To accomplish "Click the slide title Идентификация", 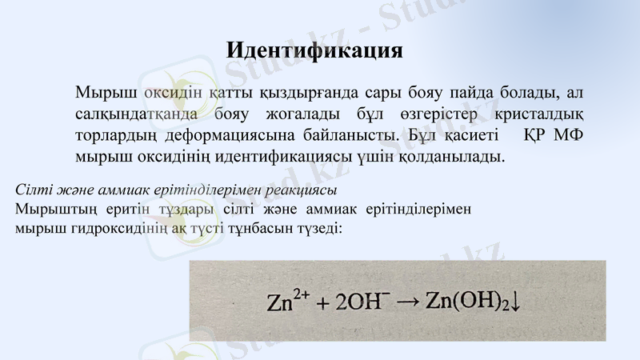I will pos(314,50).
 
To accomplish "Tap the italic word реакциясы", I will pos(298,190).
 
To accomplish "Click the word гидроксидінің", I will pos(130,228).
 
